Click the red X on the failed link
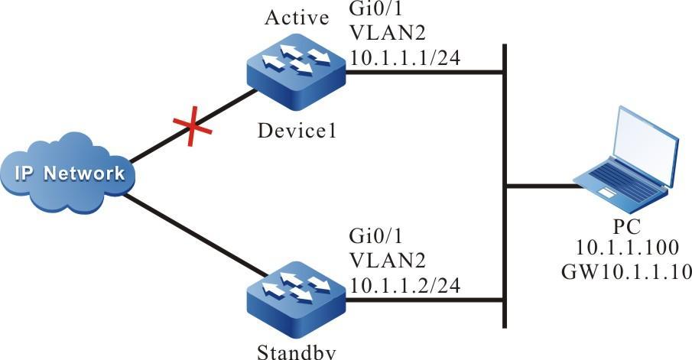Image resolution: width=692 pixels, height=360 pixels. tap(190, 127)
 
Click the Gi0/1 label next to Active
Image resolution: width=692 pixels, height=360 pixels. tap(369, 13)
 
